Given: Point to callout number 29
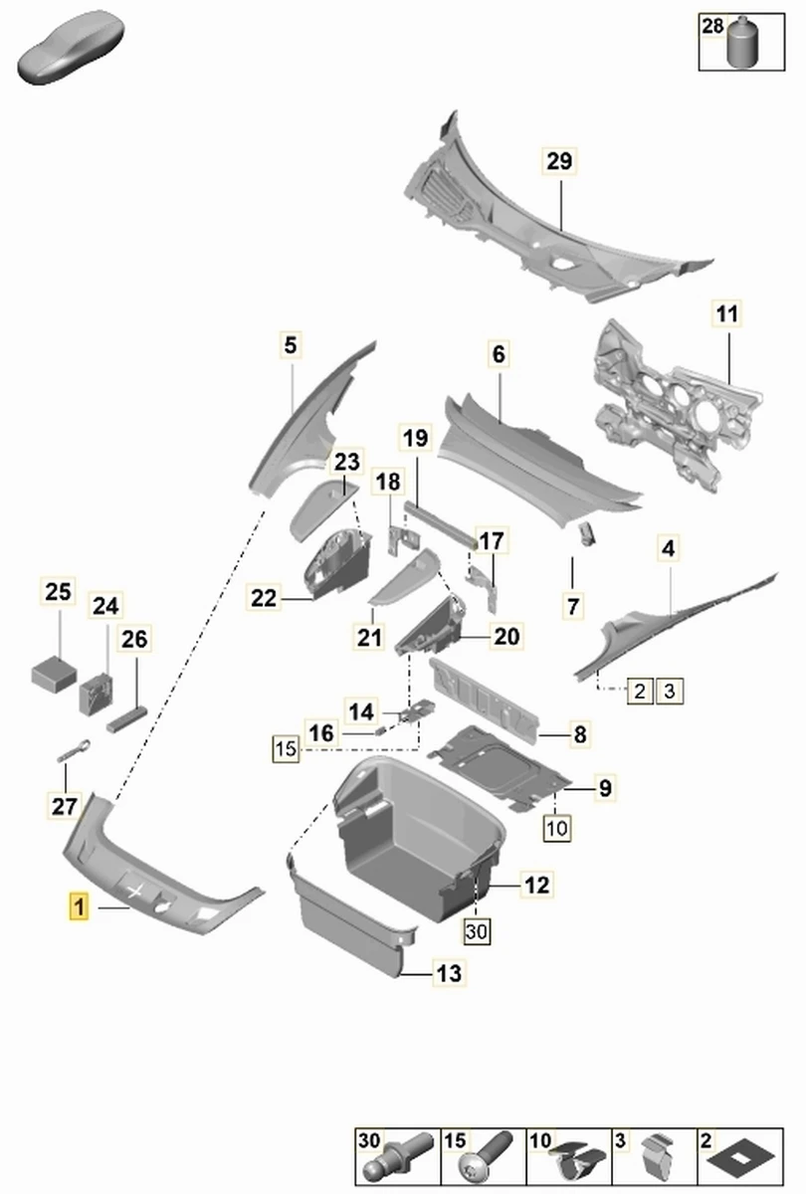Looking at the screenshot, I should [x=559, y=161].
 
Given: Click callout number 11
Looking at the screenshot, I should [x=727, y=314].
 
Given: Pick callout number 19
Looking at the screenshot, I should [x=415, y=437].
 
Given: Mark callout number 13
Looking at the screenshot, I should [x=449, y=973].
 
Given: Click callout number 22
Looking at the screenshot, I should [x=264, y=598].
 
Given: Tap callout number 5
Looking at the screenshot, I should [x=290, y=346].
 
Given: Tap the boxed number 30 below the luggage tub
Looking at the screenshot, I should [x=477, y=930].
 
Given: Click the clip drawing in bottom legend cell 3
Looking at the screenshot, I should [x=657, y=1158].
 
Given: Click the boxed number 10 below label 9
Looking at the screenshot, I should [x=556, y=826].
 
